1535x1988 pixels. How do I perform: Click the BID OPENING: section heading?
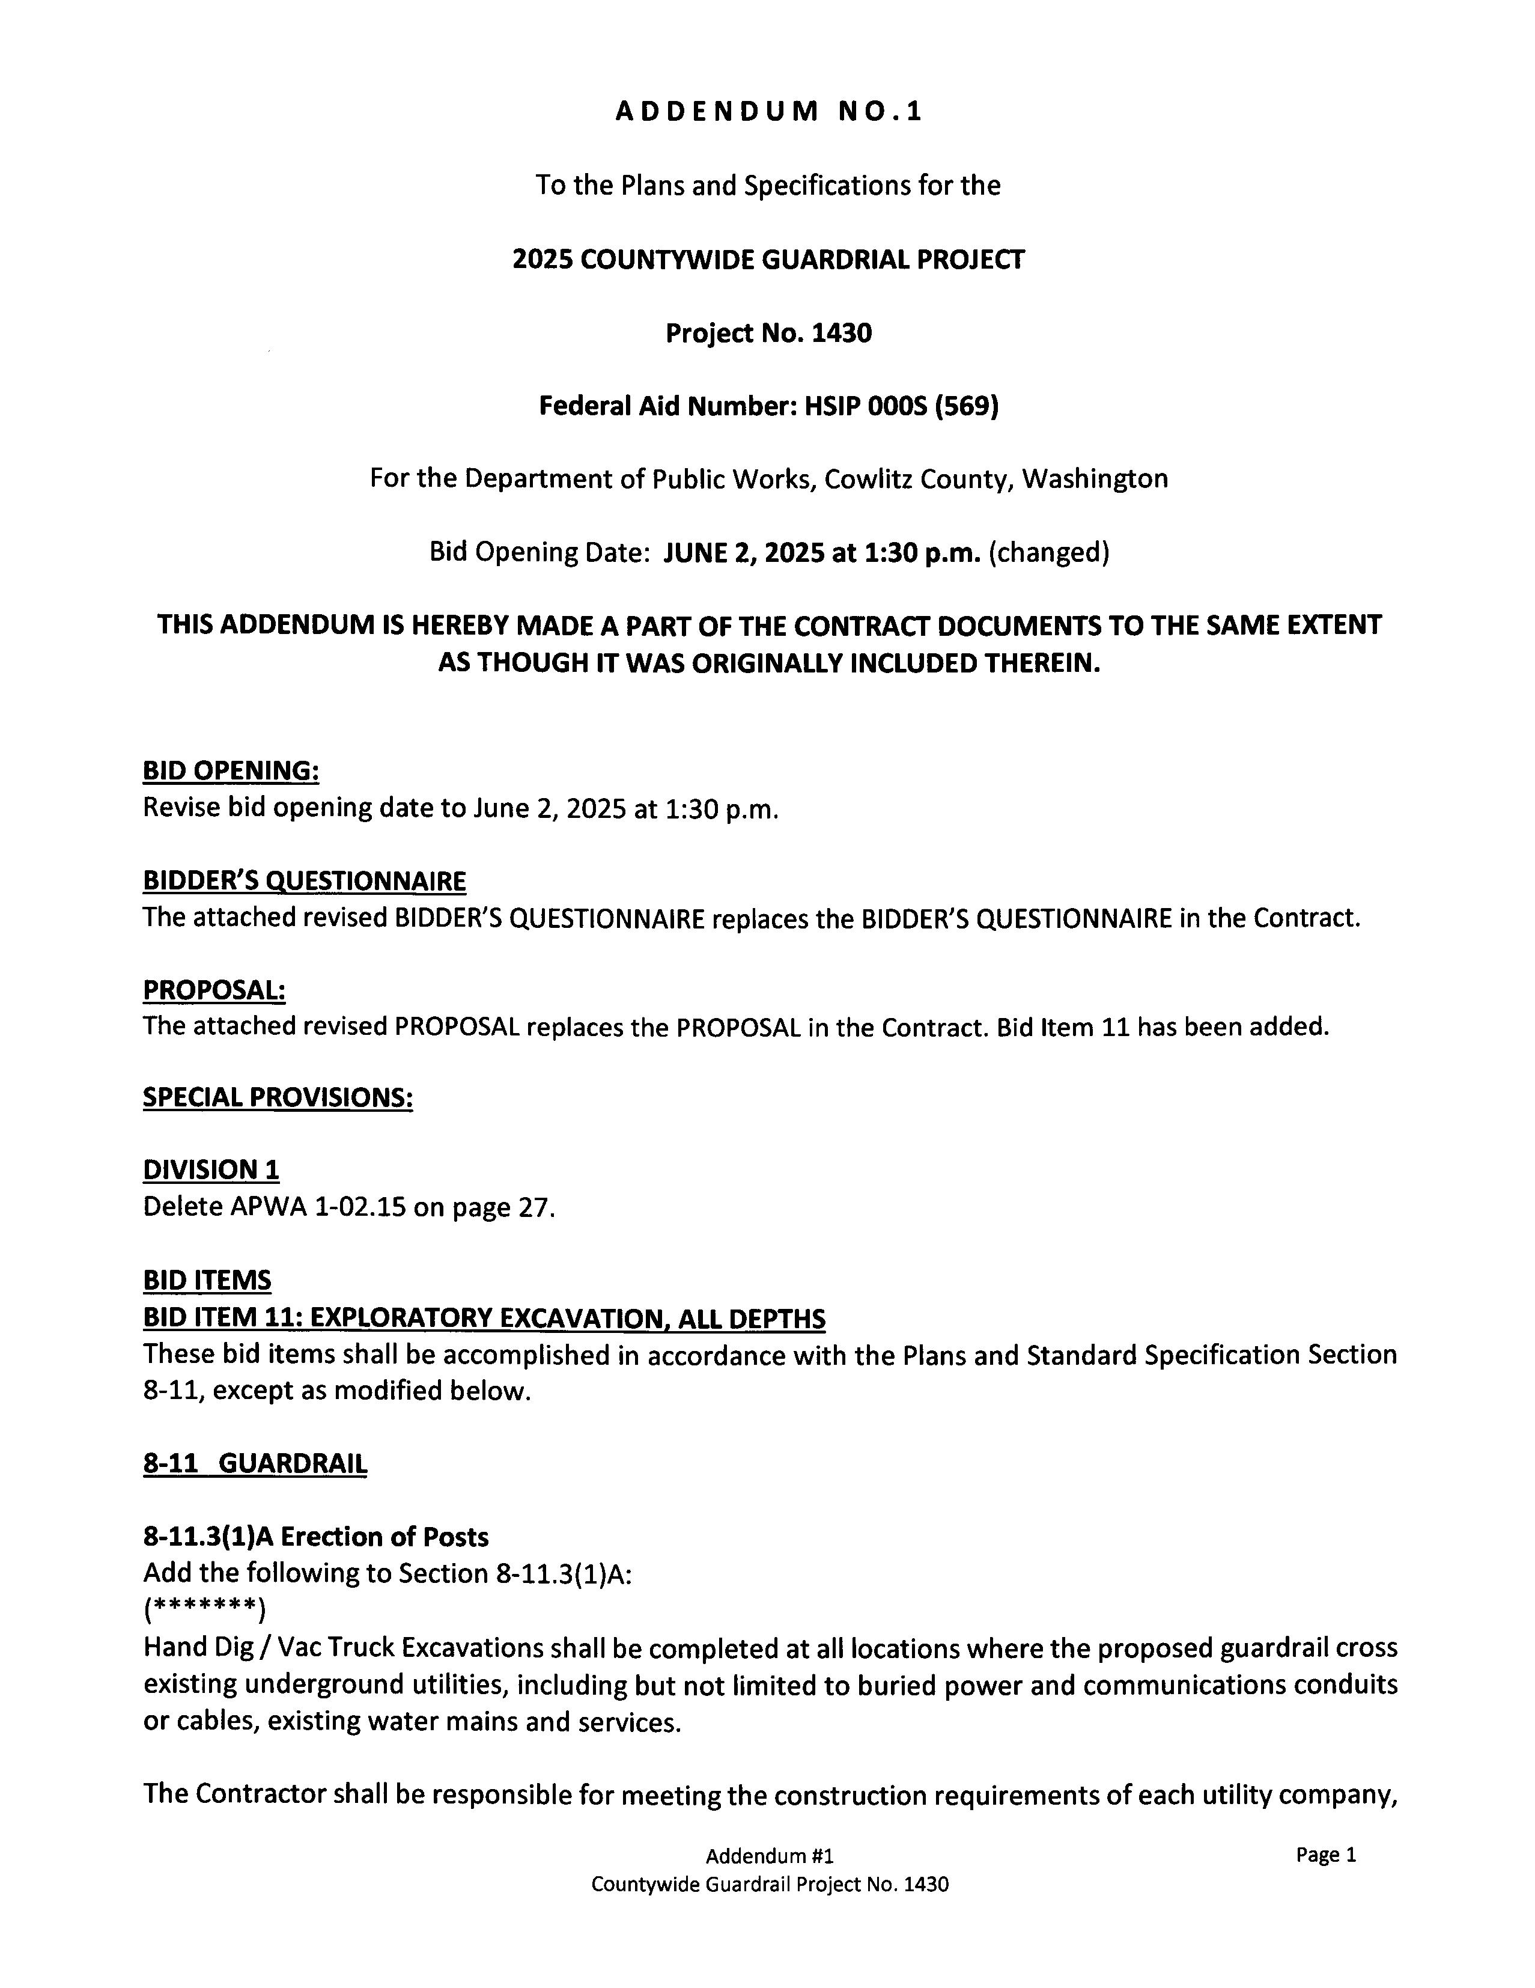pyautogui.click(x=230, y=771)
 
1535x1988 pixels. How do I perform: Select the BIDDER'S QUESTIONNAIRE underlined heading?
pyautogui.click(x=304, y=881)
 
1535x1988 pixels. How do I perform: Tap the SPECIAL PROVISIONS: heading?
pyautogui.click(x=278, y=1098)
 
